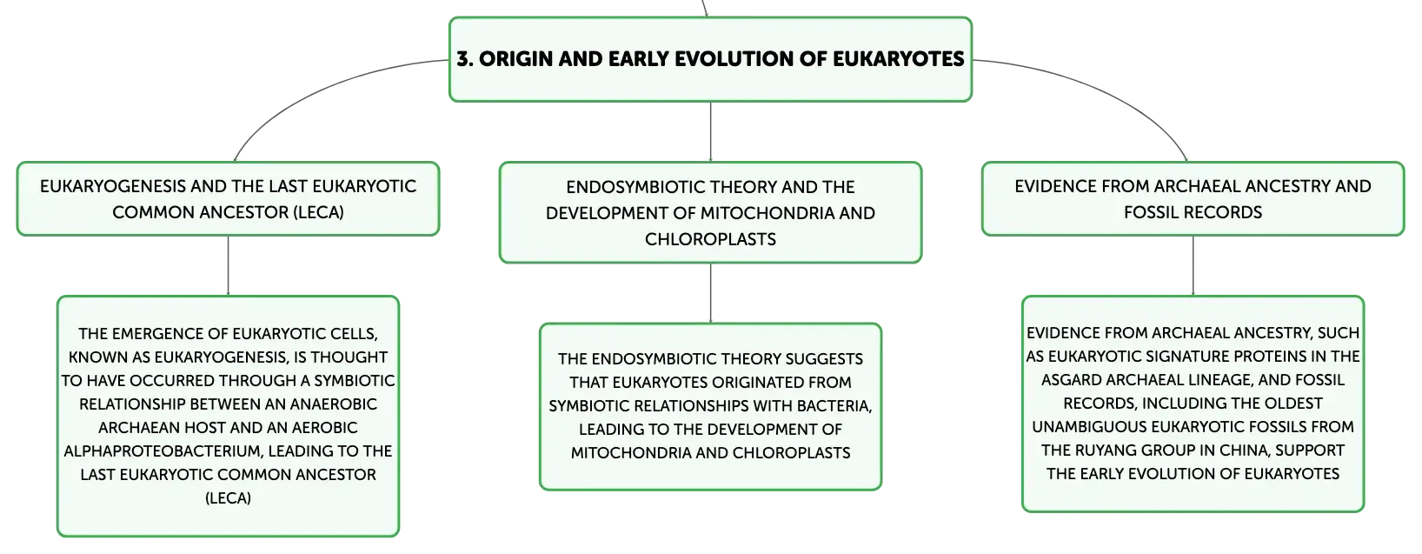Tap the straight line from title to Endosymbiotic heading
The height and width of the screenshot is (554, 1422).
click(x=710, y=131)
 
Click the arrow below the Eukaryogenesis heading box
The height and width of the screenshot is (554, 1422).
click(x=228, y=265)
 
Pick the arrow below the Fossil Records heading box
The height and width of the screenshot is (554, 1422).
click(x=1193, y=265)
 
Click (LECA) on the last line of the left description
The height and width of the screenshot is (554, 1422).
click(x=228, y=498)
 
